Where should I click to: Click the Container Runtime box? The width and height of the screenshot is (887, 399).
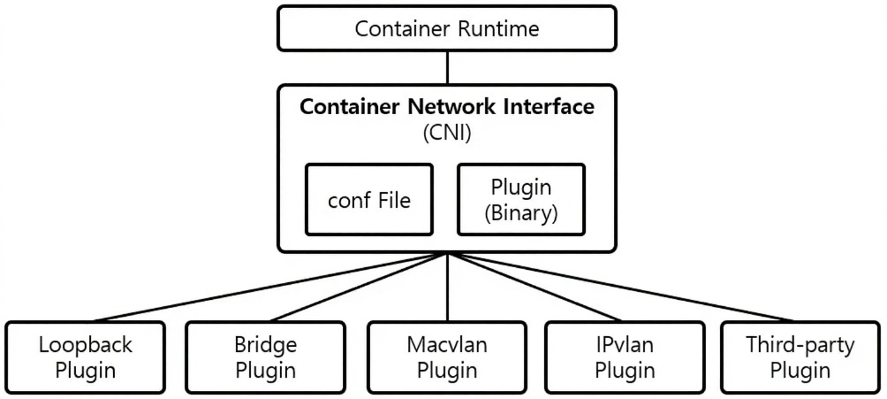[x=447, y=28]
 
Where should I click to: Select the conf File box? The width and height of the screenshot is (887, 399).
[x=369, y=201]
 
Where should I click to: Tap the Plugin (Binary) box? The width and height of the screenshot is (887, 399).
[x=519, y=201]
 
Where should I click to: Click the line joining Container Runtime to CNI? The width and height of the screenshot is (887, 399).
[x=448, y=66]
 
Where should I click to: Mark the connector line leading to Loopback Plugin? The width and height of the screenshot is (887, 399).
[x=265, y=288]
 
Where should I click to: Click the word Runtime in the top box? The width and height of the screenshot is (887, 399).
[x=497, y=28]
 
